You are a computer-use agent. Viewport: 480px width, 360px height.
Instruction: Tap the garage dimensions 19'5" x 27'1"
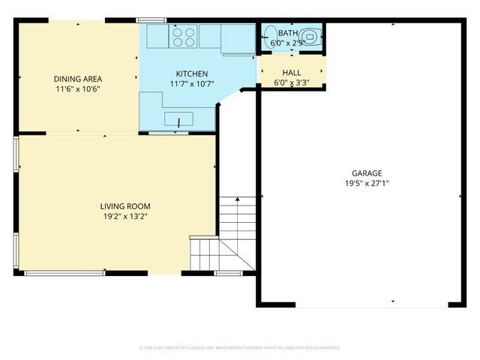pyautogui.click(x=367, y=182)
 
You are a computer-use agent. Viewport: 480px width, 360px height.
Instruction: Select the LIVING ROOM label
pyautogui.click(x=126, y=206)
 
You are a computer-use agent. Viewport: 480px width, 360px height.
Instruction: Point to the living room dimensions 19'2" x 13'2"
pyautogui.click(x=126, y=217)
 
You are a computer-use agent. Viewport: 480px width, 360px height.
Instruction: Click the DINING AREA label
pyautogui.click(x=77, y=79)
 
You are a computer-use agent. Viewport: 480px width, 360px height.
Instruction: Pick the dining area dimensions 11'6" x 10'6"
pyautogui.click(x=77, y=88)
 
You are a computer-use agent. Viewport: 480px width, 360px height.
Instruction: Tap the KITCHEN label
pyautogui.click(x=192, y=73)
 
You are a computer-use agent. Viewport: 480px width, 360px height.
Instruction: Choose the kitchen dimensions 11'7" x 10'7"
pyautogui.click(x=192, y=83)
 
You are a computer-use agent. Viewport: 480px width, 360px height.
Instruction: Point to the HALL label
pyautogui.click(x=291, y=72)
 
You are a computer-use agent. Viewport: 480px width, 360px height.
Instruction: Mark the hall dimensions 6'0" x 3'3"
pyautogui.click(x=291, y=82)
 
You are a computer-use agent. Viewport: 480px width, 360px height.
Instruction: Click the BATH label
pyautogui.click(x=288, y=34)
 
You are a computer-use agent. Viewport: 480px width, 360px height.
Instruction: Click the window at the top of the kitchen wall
pyautogui.click(x=151, y=19)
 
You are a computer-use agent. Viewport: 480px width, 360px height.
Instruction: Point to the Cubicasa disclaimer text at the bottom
pyautogui.click(x=240, y=348)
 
